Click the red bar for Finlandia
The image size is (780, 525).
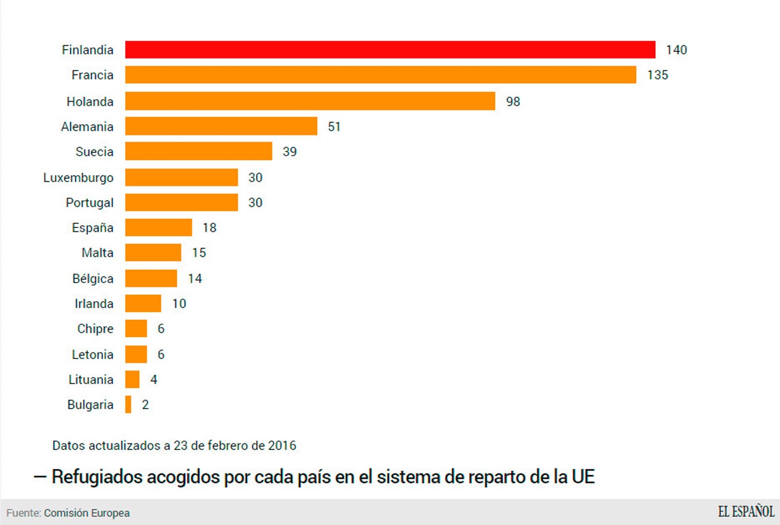coord(390,49)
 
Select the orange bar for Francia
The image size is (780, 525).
coord(380,74)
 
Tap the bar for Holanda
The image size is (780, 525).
coord(310,101)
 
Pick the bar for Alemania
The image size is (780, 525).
coord(221,126)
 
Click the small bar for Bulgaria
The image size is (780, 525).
coord(128,404)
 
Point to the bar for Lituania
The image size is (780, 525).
coord(132,379)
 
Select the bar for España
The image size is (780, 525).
coord(158,228)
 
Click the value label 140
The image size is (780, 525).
coord(676,50)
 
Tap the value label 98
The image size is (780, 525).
coord(513,101)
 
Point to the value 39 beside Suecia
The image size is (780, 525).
coord(289,152)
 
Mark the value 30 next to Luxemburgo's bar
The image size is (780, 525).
coord(255,177)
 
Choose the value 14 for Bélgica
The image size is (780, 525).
coord(195,278)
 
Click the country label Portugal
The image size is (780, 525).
coord(90,202)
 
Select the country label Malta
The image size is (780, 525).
coord(97,253)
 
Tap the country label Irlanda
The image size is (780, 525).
coord(94,303)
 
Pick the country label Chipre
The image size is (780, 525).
coord(95,329)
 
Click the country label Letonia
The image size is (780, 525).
coord(92,354)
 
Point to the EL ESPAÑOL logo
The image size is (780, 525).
coord(746,512)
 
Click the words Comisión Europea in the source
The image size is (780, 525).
coord(87,513)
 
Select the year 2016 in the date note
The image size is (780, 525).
coord(282,445)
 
